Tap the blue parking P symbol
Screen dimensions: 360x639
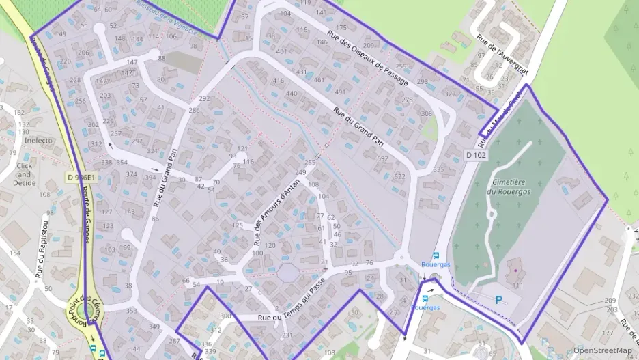pyautogui.click(x=498, y=299)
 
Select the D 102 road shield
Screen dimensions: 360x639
pyautogui.click(x=476, y=155)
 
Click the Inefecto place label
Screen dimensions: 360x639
pyautogui.click(x=39, y=141)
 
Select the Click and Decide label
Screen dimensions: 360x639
pyautogui.click(x=25, y=174)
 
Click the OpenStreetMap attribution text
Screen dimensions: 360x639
pyautogui.click(x=602, y=350)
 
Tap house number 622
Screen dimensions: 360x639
pyautogui.click(x=399, y=176)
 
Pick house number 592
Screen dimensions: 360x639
pyautogui.click(x=382, y=158)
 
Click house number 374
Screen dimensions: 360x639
pyautogui.click(x=131, y=174)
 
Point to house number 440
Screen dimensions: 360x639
pyautogui.click(x=292, y=94)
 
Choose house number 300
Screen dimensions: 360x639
pyautogui.click(x=226, y=316)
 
